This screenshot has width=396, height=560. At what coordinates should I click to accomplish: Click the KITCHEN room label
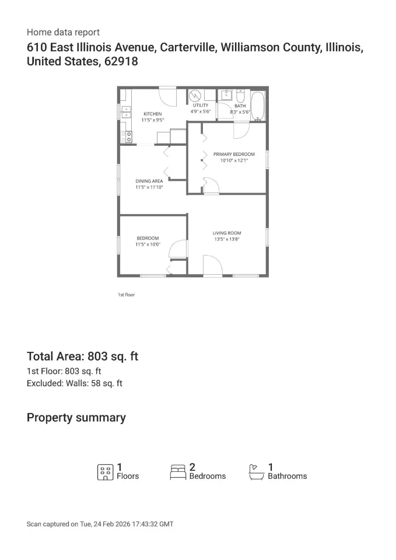pyautogui.click(x=152, y=114)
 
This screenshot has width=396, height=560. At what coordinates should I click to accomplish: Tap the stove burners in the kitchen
pyautogui.click(x=127, y=136)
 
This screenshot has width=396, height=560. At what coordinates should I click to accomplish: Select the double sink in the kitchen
pyautogui.click(x=125, y=112)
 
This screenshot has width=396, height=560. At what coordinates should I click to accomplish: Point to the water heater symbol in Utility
pyautogui.click(x=195, y=95)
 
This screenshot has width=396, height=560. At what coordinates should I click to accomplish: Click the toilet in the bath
pyautogui.click(x=240, y=96)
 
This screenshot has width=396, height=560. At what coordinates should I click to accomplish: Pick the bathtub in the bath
pyautogui.click(x=258, y=106)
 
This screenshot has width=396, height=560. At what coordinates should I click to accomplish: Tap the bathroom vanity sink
pyautogui.click(x=226, y=94)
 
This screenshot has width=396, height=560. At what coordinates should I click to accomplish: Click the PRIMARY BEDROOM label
pyautogui.click(x=234, y=154)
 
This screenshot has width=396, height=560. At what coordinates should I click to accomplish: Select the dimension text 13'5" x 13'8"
pyautogui.click(x=227, y=239)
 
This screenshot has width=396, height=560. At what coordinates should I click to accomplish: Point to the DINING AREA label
pyautogui.click(x=149, y=181)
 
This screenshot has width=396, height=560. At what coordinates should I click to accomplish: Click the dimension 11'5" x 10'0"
pyautogui.click(x=148, y=244)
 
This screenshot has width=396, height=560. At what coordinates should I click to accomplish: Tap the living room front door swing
pyautogui.click(x=213, y=265)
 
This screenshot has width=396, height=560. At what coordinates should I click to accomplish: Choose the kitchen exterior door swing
pyautogui.click(x=167, y=96)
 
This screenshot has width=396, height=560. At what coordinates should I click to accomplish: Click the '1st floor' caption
pyautogui.click(x=127, y=295)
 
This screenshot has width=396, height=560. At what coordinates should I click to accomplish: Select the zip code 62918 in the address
pyautogui.click(x=121, y=61)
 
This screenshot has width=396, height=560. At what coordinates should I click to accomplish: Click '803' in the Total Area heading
pyautogui.click(x=97, y=356)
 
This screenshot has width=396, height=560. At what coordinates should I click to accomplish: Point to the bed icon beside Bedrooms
pyautogui.click(x=178, y=472)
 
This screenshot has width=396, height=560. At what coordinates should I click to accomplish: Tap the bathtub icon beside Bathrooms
pyautogui.click(x=257, y=472)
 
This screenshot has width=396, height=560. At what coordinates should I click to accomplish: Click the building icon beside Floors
pyautogui.click(x=106, y=472)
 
